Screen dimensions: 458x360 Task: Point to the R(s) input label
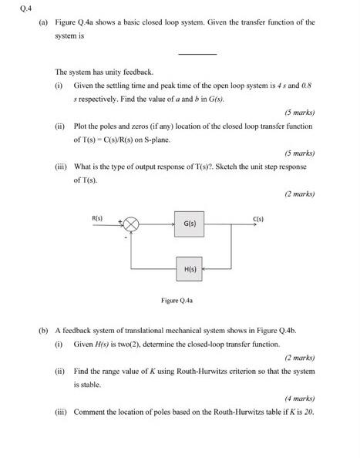98,218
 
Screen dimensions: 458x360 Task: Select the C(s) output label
258,218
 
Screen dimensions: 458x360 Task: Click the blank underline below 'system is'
197,53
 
